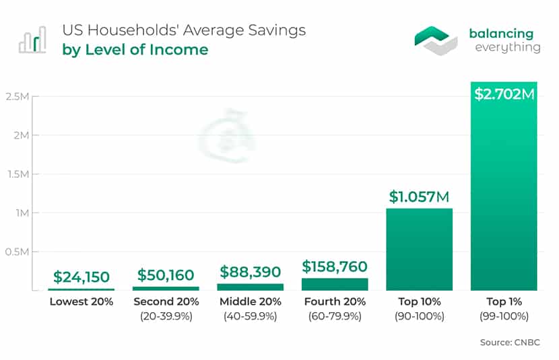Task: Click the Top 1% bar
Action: point(504,186)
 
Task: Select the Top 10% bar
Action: point(419,249)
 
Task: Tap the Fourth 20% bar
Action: point(335,284)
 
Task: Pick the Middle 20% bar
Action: point(251,287)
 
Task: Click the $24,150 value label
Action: point(81,277)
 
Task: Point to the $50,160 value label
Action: point(166,275)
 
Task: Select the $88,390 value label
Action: point(251,272)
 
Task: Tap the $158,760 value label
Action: point(335,266)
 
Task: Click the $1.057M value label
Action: point(419,196)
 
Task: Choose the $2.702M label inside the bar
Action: point(504,94)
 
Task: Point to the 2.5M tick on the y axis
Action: point(17,96)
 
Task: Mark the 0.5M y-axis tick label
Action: point(17,252)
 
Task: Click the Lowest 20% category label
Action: point(81,301)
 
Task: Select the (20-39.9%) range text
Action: point(166,316)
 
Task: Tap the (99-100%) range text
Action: point(504,316)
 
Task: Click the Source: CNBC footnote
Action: point(510,343)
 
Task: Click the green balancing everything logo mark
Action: point(436,40)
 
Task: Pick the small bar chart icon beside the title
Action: point(32,40)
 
